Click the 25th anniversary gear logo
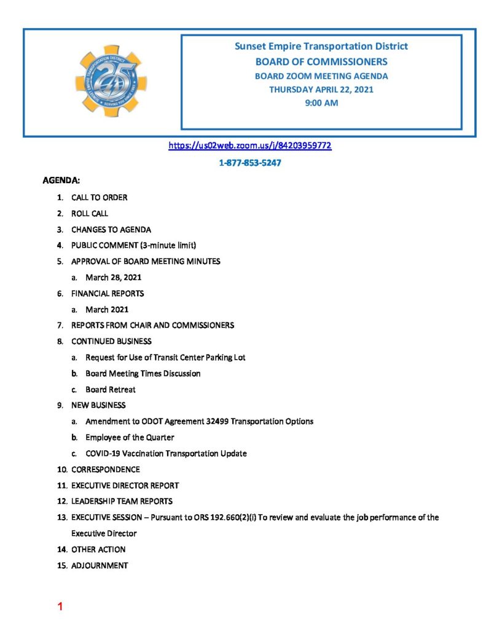[x=111, y=81]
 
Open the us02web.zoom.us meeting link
[x=250, y=146]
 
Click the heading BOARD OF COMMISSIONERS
[x=321, y=61]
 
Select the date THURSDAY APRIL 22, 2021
[x=321, y=89]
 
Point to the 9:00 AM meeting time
[x=321, y=103]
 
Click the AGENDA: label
[x=61, y=181]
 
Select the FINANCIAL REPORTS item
[x=108, y=294]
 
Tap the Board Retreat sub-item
[x=111, y=389]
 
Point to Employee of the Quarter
[x=130, y=437]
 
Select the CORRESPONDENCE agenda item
[x=105, y=469]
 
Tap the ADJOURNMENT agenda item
[x=100, y=565]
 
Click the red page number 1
[x=60, y=608]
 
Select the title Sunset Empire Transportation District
[x=321, y=47]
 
